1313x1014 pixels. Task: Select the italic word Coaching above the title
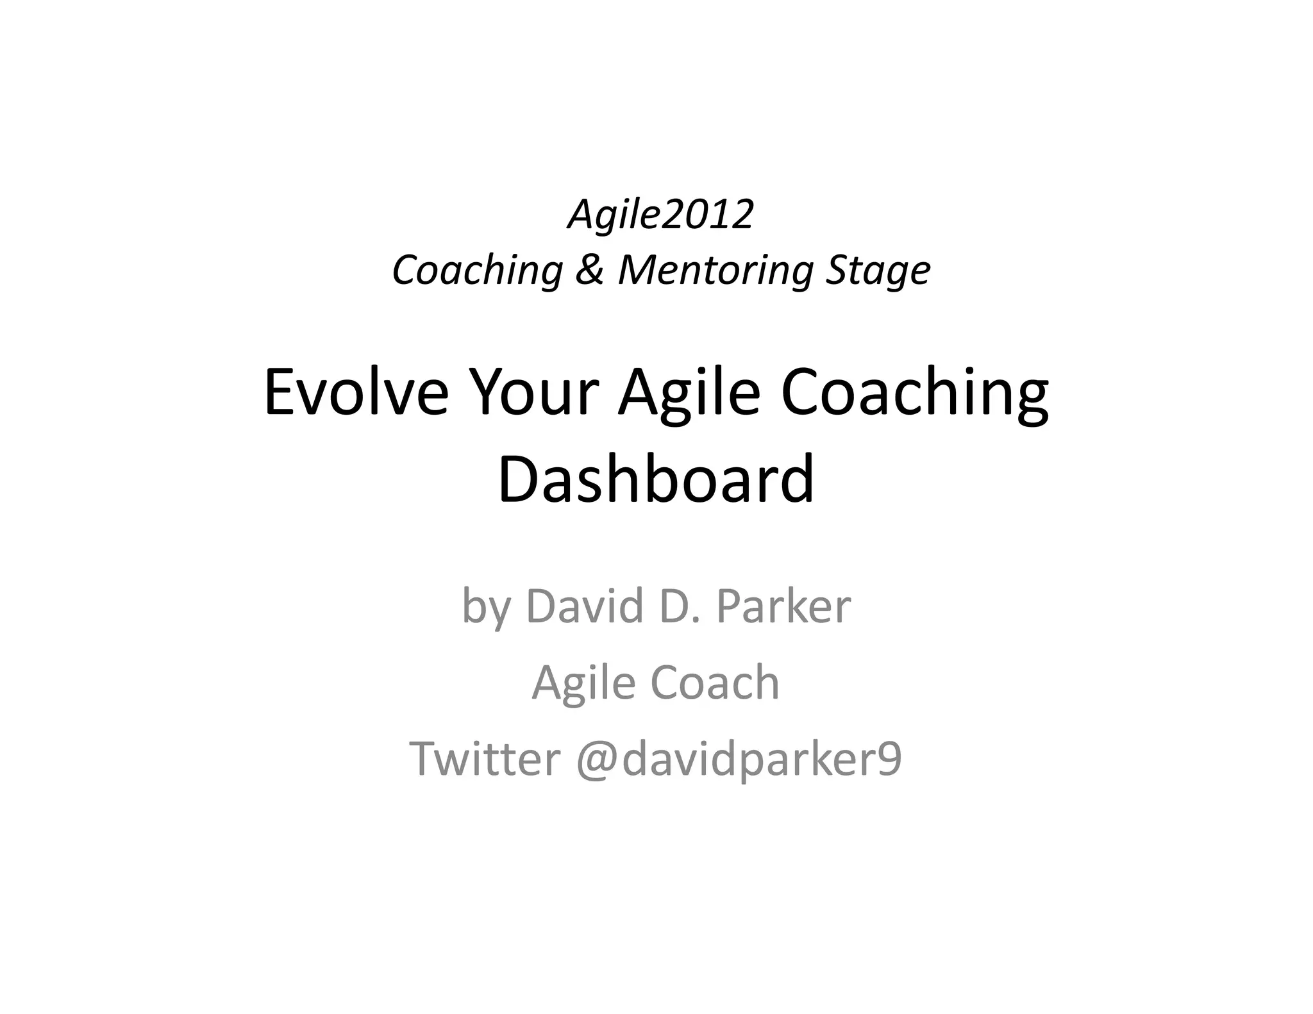coord(478,270)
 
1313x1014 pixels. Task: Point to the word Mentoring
coord(715,270)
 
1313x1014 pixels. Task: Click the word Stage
coord(878,270)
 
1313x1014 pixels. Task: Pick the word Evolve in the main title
coord(356,392)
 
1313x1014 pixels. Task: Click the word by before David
coord(485,606)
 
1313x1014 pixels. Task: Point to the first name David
coord(584,605)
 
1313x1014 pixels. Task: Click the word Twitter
coord(485,758)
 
